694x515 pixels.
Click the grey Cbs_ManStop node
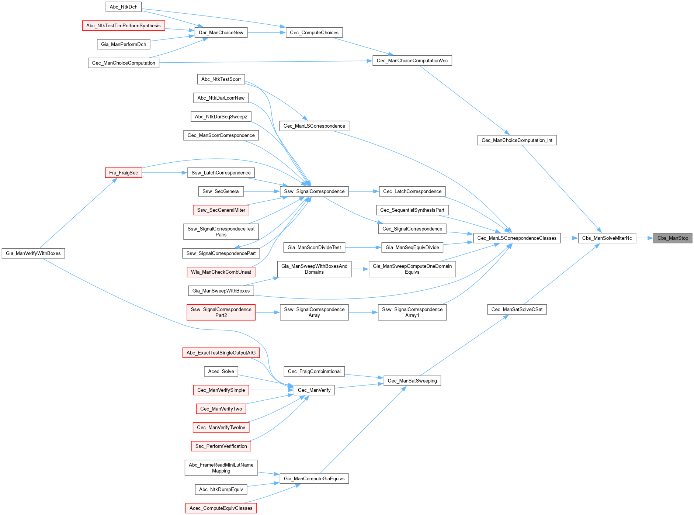click(x=673, y=238)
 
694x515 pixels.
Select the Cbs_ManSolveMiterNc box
click(x=607, y=238)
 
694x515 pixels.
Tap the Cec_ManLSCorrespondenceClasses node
click(x=517, y=238)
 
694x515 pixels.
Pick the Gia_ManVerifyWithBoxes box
click(x=33, y=253)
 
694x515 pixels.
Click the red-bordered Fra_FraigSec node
click(x=123, y=173)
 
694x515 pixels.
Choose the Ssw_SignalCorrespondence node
click(x=314, y=191)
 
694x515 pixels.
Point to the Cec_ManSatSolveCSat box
click(x=517, y=309)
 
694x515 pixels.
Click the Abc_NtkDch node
click(x=123, y=7)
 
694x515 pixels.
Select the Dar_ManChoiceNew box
click(x=221, y=32)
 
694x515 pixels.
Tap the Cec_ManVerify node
click(x=314, y=390)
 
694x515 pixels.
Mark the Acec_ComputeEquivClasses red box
click(x=221, y=508)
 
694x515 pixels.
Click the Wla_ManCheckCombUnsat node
click(x=221, y=272)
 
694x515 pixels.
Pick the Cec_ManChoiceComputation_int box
click(x=517, y=140)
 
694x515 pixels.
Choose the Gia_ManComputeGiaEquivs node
click(x=314, y=478)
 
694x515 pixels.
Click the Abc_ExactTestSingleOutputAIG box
click(x=221, y=353)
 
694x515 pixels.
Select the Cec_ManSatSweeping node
click(x=412, y=381)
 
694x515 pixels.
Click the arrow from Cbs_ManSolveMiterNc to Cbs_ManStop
click(x=645, y=238)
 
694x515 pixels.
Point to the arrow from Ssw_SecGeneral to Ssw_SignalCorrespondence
click(x=262, y=191)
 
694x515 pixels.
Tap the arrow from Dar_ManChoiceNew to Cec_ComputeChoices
click(x=266, y=32)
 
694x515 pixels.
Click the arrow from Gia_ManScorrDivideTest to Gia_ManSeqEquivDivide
click(x=363, y=247)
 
